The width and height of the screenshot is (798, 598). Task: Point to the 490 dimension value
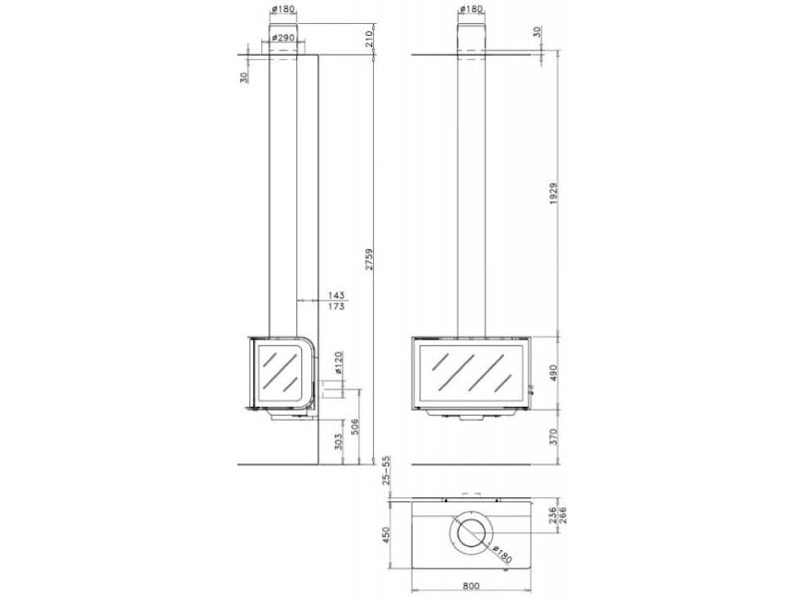tap(554, 372)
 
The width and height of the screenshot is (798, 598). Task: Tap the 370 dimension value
tap(554, 437)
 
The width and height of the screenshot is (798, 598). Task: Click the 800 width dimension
tap(471, 586)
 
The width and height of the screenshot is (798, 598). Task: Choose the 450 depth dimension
tap(386, 534)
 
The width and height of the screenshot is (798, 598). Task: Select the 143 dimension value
tap(336, 295)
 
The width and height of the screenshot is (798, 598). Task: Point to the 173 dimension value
tap(336, 306)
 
